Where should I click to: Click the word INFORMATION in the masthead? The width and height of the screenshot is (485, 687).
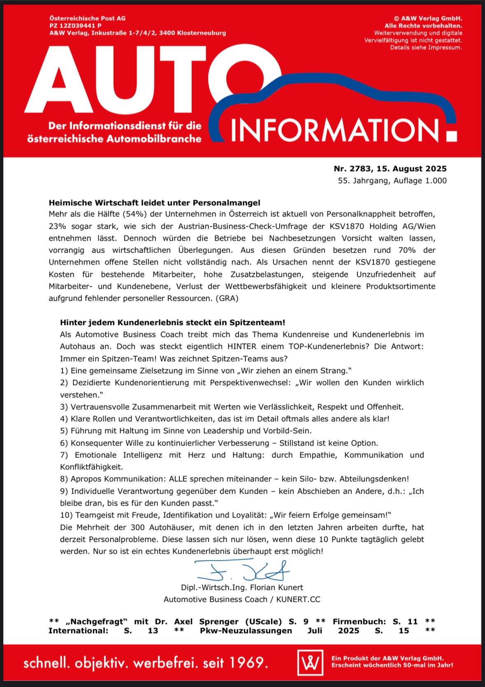[335, 130]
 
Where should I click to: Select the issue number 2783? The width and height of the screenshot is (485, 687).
[360, 169]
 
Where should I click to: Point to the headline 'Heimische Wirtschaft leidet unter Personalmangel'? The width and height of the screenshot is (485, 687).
[154, 202]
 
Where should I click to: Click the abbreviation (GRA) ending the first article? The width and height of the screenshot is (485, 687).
[227, 298]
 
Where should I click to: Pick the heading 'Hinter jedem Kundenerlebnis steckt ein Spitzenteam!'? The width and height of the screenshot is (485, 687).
[172, 323]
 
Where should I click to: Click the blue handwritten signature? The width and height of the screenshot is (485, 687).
[243, 570]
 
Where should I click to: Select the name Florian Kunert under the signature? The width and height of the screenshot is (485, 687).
[276, 587]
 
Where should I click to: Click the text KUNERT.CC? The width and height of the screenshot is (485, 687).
[298, 599]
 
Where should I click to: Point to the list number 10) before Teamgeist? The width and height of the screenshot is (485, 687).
[66, 515]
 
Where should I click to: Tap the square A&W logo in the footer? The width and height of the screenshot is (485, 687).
[310, 662]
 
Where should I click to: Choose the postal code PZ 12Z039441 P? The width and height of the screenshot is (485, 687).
[75, 26]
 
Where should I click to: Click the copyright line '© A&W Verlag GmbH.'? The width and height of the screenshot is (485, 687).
[428, 19]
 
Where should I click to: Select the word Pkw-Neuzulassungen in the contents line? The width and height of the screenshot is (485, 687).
[246, 631]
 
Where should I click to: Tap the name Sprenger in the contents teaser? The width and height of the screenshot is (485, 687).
[219, 622]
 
